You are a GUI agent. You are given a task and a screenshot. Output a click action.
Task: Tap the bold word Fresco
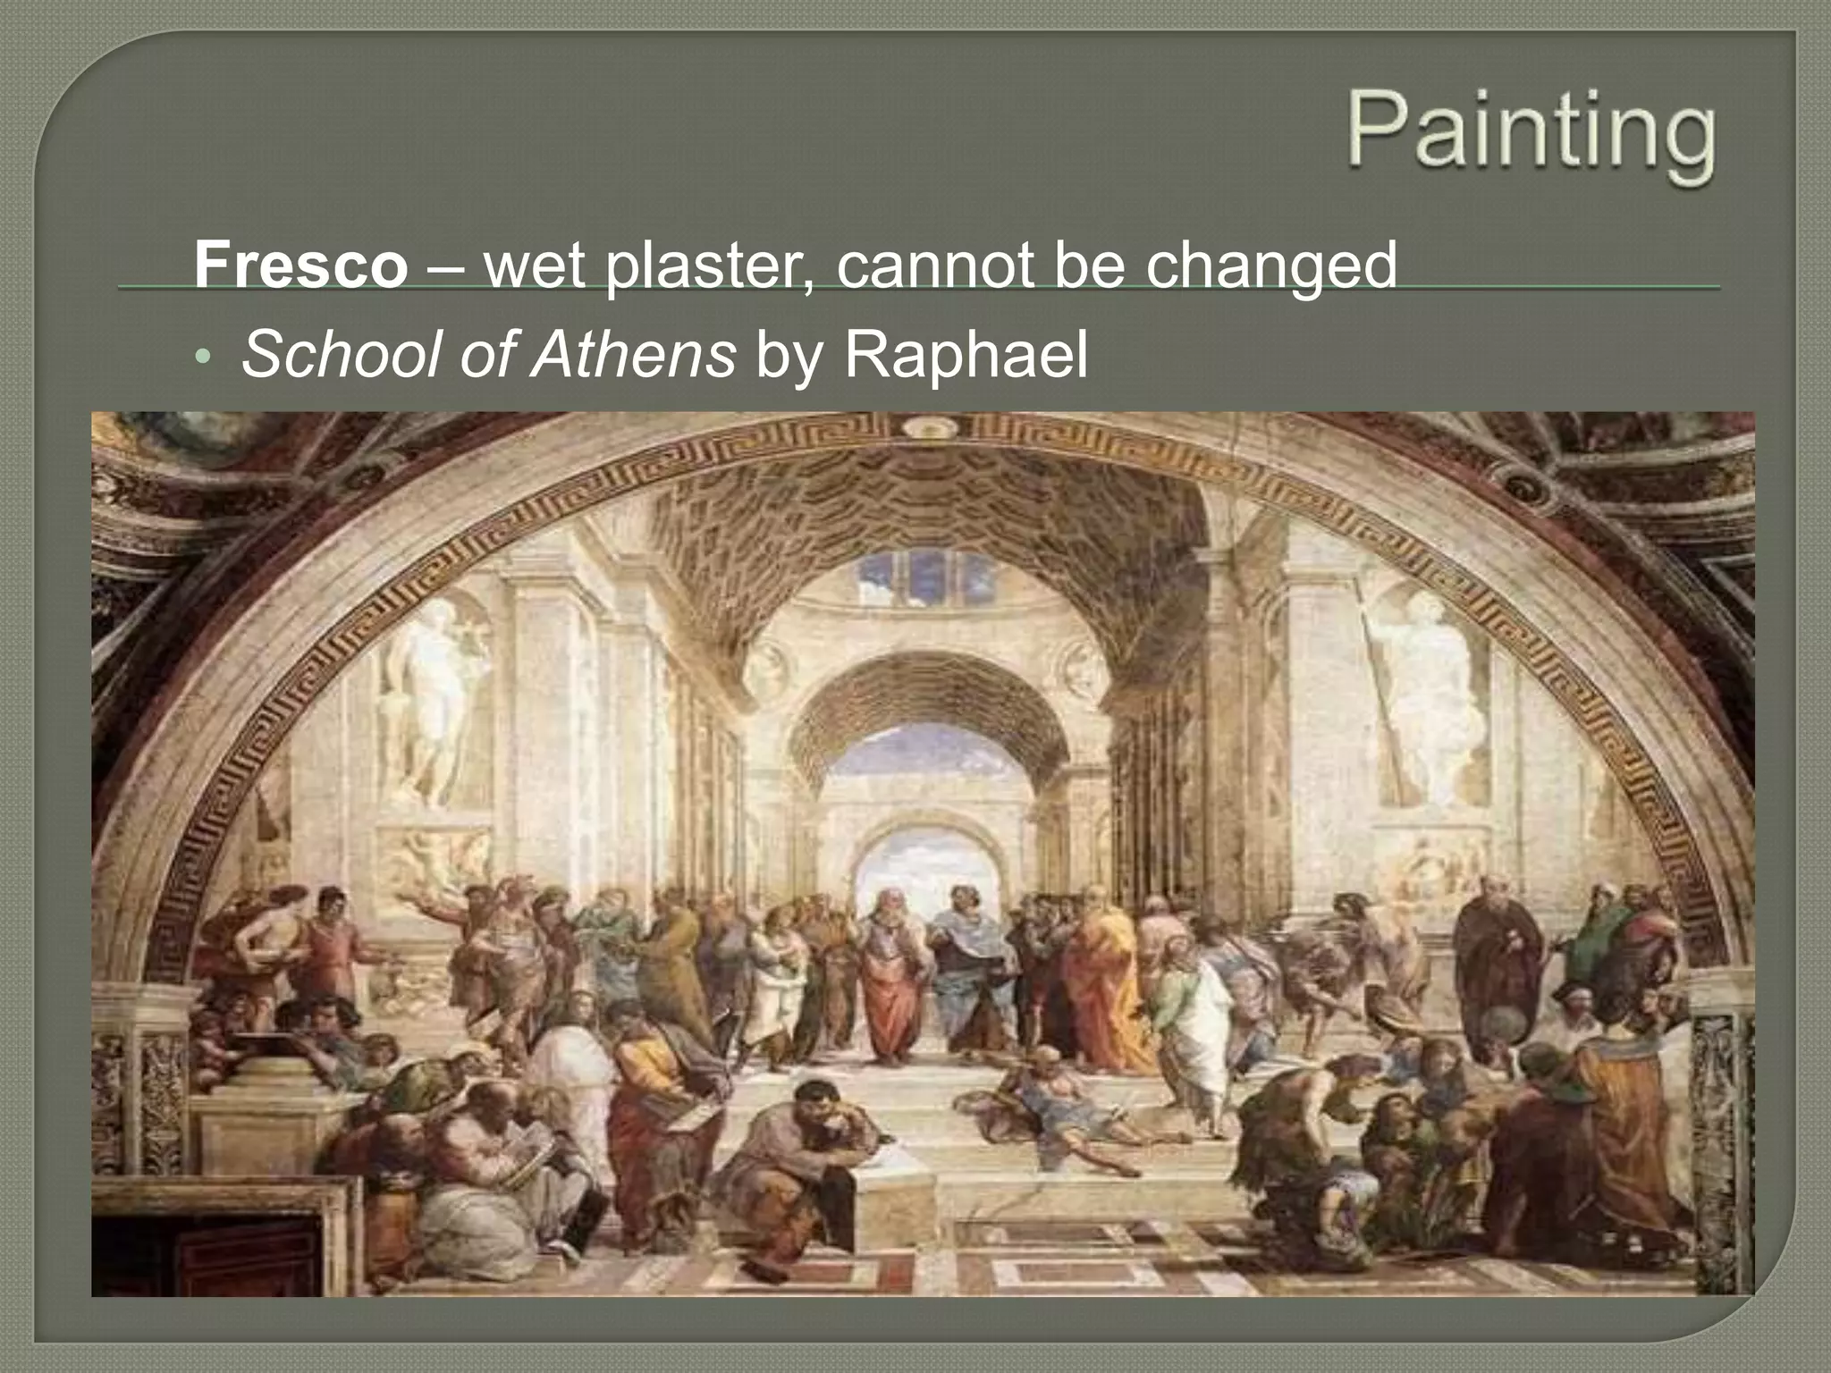point(300,265)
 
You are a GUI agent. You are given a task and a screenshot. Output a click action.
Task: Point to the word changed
point(1270,265)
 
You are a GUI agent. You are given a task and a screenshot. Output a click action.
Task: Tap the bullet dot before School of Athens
point(203,358)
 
